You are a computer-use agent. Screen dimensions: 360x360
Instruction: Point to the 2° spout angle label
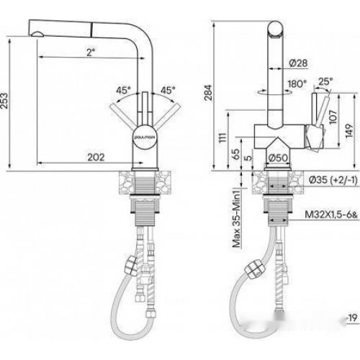(x=89, y=51)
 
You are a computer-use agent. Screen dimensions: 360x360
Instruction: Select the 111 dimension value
(x=223, y=137)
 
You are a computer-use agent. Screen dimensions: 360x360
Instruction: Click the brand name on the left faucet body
(x=140, y=135)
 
